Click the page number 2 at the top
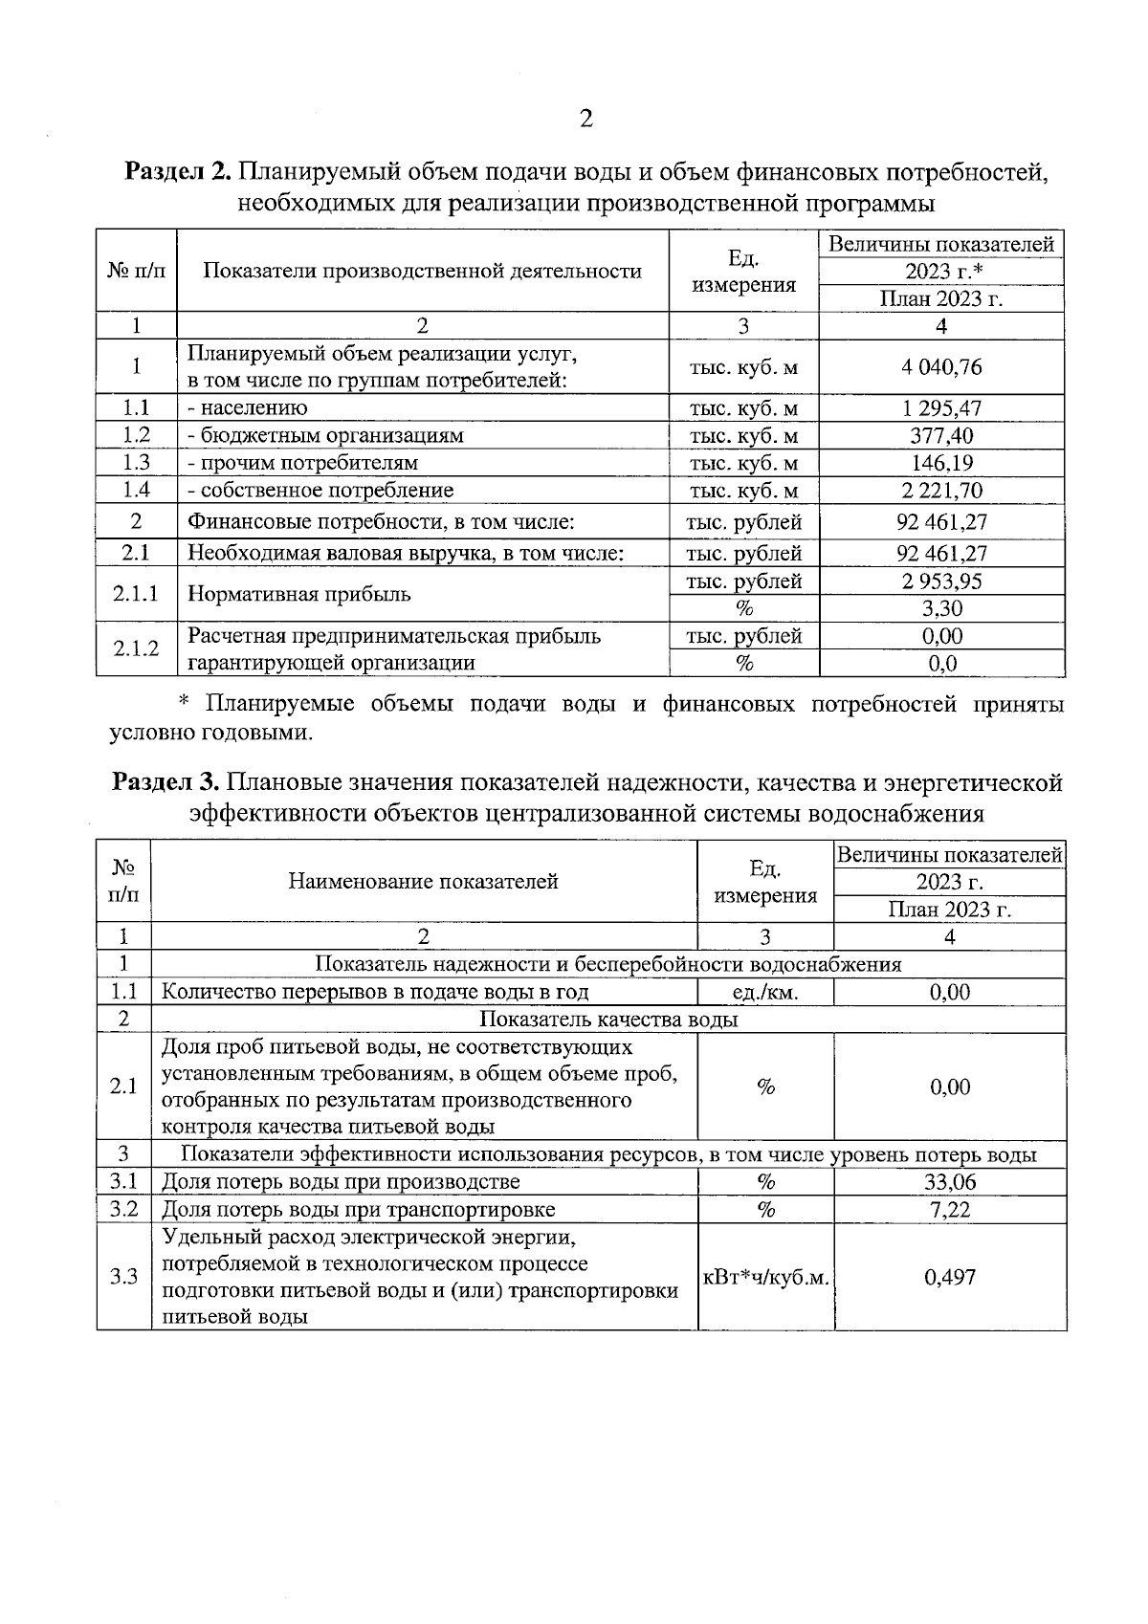[585, 118]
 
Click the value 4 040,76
[941, 367]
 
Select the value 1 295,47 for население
[941, 408]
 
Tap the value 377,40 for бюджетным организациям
[941, 436]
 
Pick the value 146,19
[941, 464]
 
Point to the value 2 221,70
[941, 492]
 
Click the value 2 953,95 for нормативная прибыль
[941, 582]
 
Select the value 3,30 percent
[941, 609]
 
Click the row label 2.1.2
[136, 649]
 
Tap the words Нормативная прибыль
[299, 594]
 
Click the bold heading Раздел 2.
[178, 173]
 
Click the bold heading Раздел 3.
[166, 783]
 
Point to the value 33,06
[950, 1182]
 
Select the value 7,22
[950, 1210]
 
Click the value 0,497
[950, 1277]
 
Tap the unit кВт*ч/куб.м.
[765, 1277]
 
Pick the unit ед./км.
[765, 993]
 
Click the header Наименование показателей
[424, 882]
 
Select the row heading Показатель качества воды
[608, 1020]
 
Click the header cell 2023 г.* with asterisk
[941, 272]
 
